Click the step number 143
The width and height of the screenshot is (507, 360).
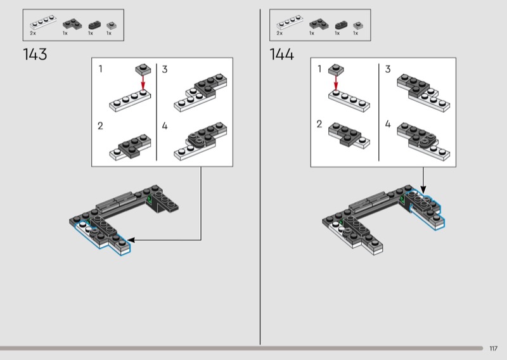[x=35, y=54]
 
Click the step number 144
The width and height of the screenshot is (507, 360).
[x=281, y=54]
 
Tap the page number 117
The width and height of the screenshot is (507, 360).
[x=493, y=349]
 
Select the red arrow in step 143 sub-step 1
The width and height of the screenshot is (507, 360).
[x=143, y=82]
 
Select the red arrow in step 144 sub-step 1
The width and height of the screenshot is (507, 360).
[x=336, y=83]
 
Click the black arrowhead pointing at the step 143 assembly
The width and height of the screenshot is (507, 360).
[x=131, y=240]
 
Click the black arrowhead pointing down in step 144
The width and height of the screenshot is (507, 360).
[x=423, y=190]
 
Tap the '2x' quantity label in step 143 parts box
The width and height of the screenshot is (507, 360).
[x=33, y=34]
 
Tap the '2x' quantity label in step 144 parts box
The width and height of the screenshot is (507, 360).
[x=279, y=34]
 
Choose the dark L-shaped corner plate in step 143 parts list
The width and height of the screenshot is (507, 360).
[x=72, y=24]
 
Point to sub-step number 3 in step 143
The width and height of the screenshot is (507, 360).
[x=165, y=69]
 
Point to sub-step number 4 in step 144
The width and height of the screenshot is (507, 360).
[x=388, y=124]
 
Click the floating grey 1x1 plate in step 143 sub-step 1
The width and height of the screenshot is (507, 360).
[x=143, y=69]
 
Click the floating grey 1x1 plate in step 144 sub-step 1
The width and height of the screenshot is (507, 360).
[x=336, y=70]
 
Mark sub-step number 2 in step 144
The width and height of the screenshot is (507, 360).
[x=319, y=124]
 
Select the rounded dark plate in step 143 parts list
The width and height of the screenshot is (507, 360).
[x=94, y=25]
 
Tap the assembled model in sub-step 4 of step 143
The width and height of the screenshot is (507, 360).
[x=200, y=141]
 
